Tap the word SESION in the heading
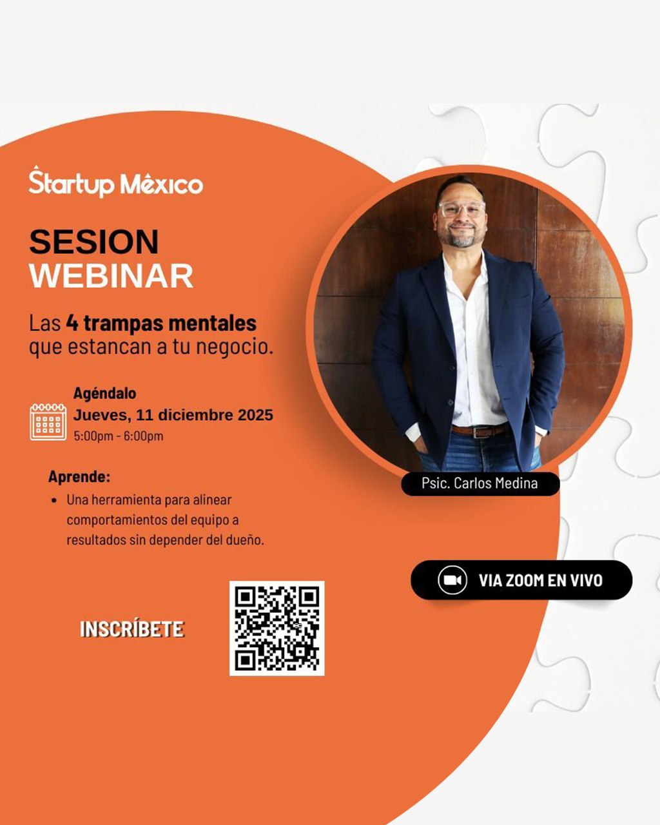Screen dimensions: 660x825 (x=94, y=242)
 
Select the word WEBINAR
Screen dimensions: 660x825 (x=112, y=275)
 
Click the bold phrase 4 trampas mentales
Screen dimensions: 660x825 (x=161, y=323)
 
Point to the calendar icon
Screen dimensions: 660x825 (x=48, y=422)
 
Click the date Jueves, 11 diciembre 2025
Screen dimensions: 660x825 (x=173, y=415)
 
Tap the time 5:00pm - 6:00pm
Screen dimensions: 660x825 (x=119, y=436)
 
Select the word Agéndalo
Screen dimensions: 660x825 (x=104, y=393)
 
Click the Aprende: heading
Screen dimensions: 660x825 (x=79, y=476)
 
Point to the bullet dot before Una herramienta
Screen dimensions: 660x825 (x=54, y=501)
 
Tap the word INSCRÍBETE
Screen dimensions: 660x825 (x=132, y=629)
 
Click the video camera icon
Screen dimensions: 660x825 (x=452, y=580)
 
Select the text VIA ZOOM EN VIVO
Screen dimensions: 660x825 (x=540, y=581)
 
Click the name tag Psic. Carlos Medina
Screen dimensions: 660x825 (x=480, y=483)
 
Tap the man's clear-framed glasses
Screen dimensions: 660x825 (x=461, y=209)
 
